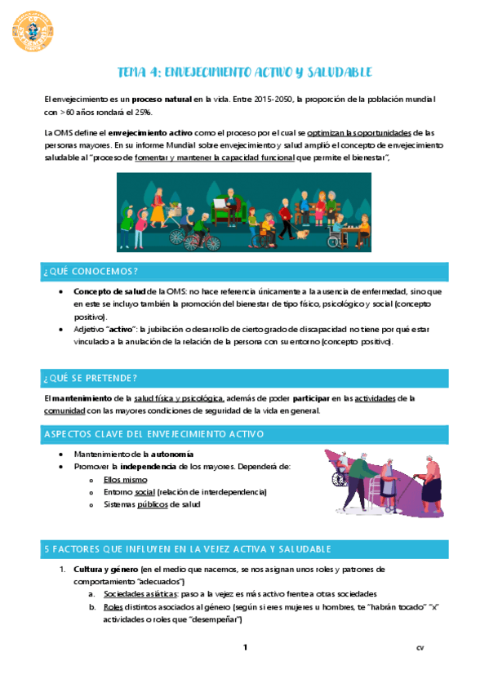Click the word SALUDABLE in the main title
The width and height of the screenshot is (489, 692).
pyautogui.click(x=335, y=73)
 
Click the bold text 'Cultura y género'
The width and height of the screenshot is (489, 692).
pyautogui.click(x=105, y=568)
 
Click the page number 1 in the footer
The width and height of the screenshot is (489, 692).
pyautogui.click(x=244, y=649)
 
